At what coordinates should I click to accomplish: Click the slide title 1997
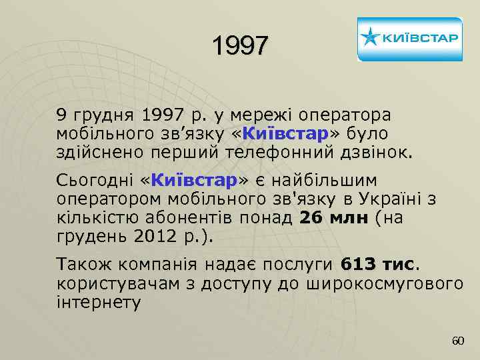(x=240, y=45)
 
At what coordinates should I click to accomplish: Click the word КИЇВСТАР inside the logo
(x=419, y=37)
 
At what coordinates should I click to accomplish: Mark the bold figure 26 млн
(x=334, y=218)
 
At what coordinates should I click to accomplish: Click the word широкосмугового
(x=384, y=283)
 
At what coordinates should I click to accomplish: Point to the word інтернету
(x=99, y=302)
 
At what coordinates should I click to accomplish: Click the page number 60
(x=457, y=341)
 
